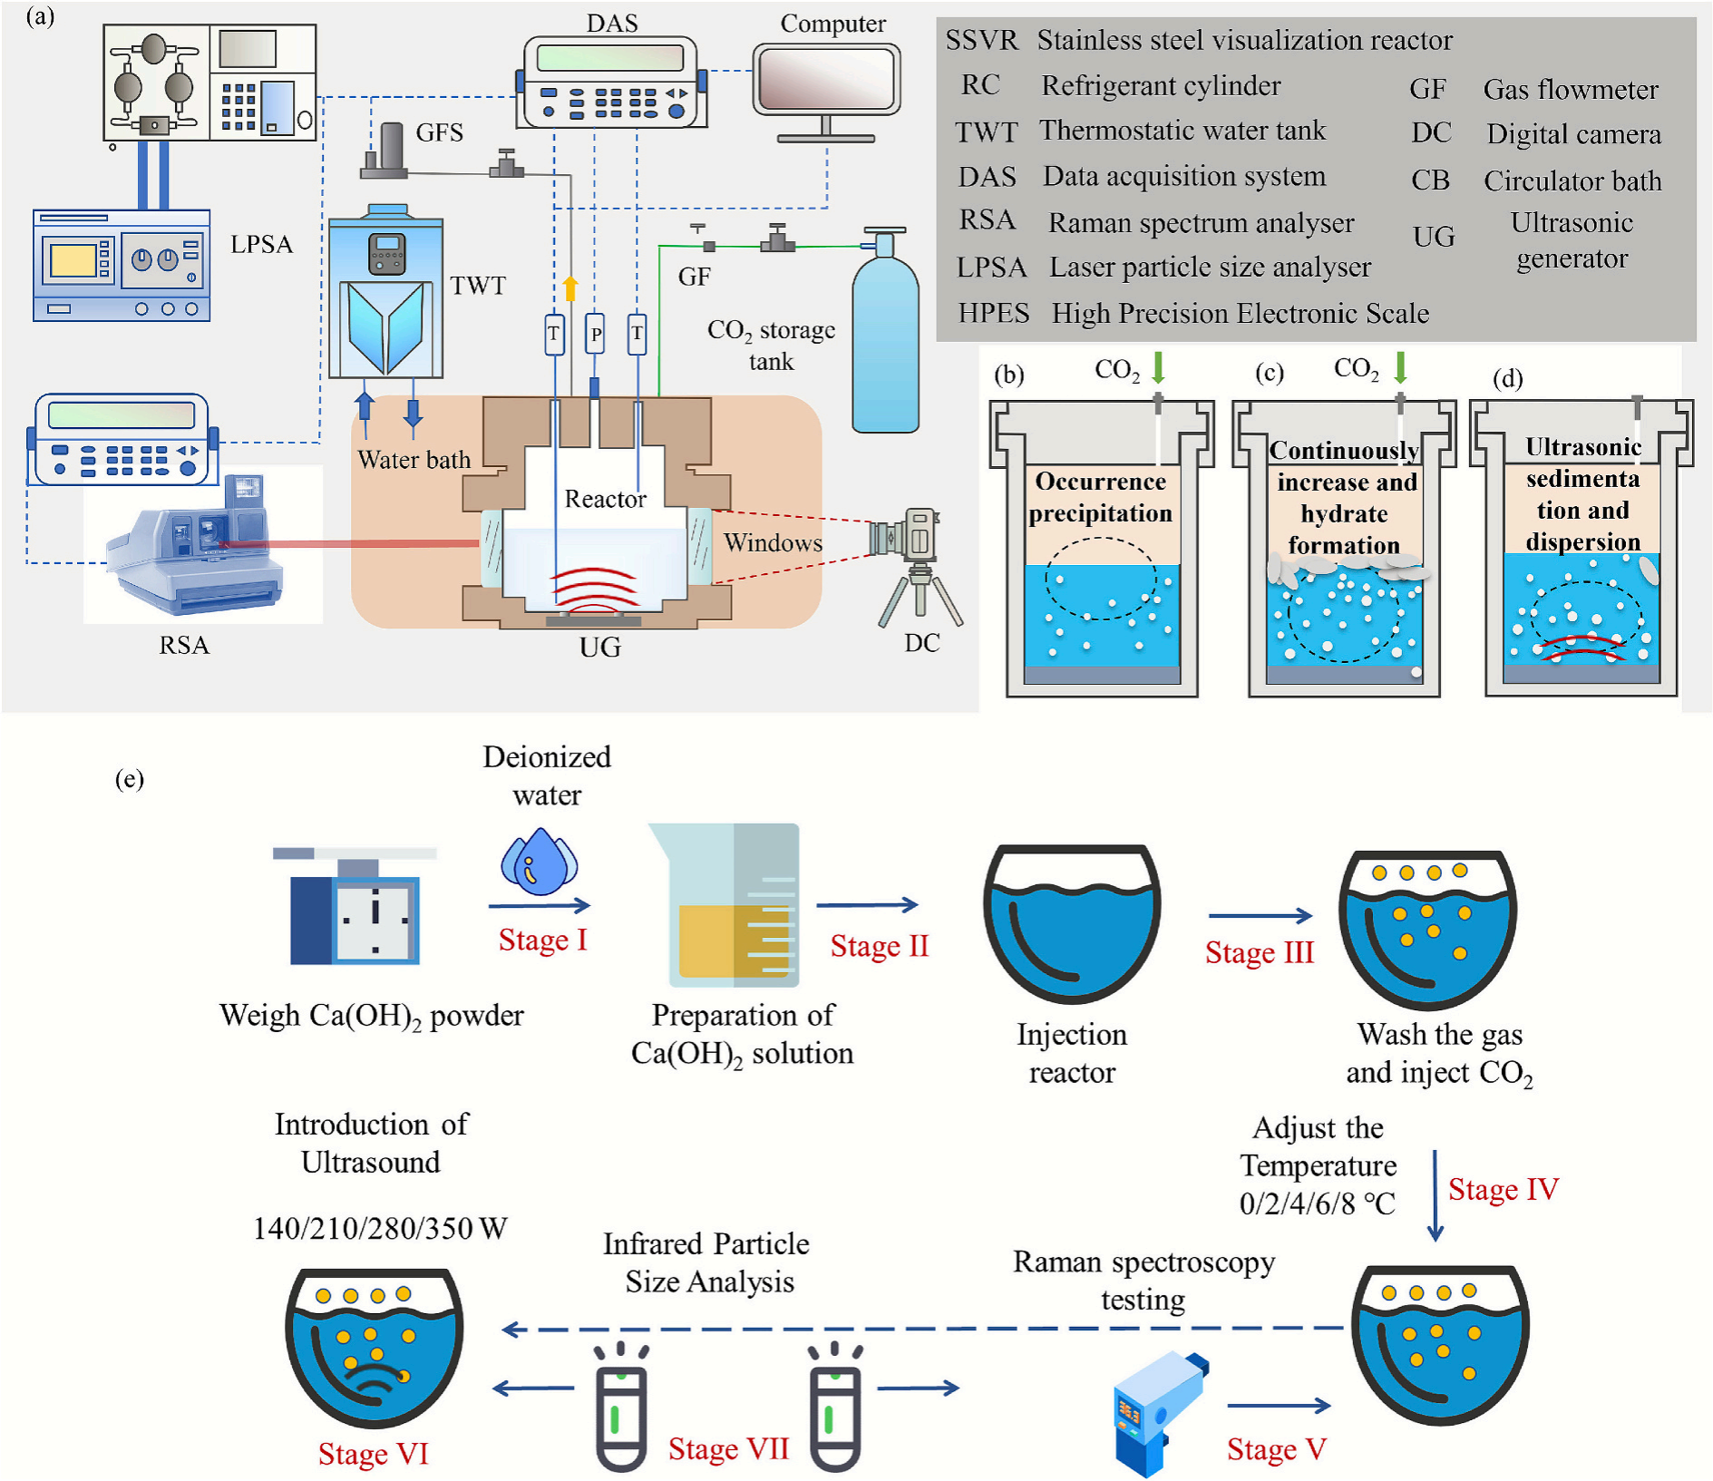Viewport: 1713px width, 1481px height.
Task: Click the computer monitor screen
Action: [825, 80]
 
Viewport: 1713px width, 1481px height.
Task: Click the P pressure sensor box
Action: [595, 334]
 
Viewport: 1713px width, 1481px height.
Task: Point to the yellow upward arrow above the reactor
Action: [570, 287]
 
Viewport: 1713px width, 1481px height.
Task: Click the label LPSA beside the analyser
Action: [261, 244]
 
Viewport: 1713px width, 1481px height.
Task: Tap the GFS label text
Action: [440, 132]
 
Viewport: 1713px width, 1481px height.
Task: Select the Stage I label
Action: [542, 940]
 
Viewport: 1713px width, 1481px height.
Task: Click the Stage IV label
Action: [1503, 1189]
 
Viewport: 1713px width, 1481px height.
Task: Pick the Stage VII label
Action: [728, 1448]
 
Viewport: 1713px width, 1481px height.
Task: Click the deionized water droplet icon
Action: [540, 862]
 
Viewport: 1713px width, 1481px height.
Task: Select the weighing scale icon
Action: [355, 905]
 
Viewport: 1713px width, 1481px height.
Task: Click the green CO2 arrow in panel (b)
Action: [1158, 367]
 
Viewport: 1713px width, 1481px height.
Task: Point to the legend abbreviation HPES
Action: [994, 313]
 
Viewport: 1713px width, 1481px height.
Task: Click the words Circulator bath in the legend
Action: [1572, 180]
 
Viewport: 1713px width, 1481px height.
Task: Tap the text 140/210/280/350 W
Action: [380, 1228]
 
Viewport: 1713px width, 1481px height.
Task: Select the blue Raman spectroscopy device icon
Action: [1159, 1413]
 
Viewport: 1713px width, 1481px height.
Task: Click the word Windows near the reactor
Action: [773, 542]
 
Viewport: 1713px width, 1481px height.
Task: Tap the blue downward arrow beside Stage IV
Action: [1435, 1195]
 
